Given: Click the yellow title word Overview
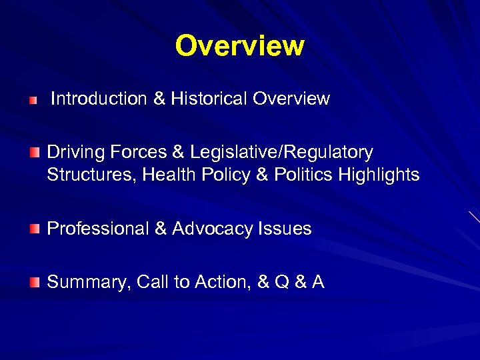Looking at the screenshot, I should click(239, 46).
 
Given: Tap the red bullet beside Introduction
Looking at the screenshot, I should click(34, 100).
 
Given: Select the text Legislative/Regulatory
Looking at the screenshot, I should click(281, 153).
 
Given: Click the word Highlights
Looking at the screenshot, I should click(379, 175).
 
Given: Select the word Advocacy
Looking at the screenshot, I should click(213, 229).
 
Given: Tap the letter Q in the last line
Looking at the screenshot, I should click(281, 283).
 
